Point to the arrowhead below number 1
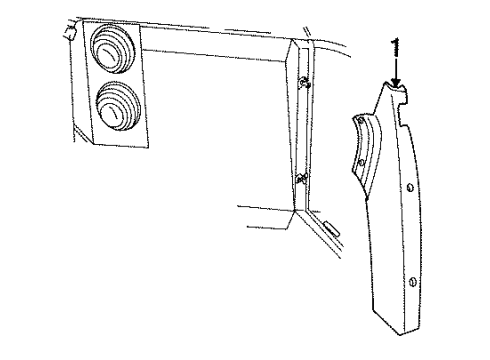click(397, 86)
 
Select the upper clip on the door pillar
click(303, 81)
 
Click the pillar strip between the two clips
click(298, 130)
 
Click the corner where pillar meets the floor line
click(291, 213)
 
